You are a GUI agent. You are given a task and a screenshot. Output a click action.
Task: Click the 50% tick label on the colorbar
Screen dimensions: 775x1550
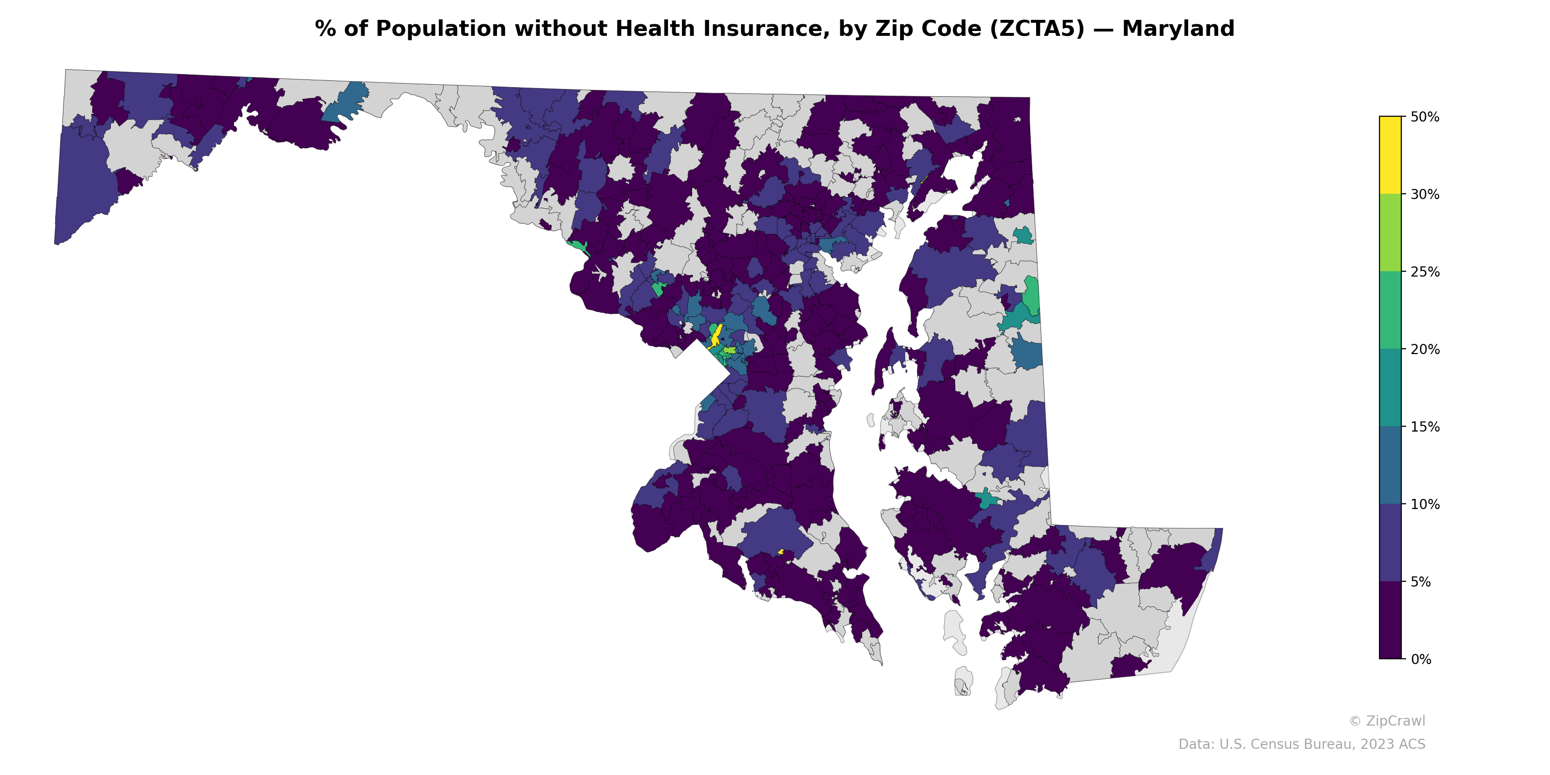[1424, 117]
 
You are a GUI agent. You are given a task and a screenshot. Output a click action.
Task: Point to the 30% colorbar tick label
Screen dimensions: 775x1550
[1424, 194]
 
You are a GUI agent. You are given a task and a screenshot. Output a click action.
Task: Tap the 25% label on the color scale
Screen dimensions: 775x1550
[1424, 272]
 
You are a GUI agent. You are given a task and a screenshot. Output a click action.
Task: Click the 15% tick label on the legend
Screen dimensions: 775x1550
[1424, 427]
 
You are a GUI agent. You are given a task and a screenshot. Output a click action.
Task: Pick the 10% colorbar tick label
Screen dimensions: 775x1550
[1424, 504]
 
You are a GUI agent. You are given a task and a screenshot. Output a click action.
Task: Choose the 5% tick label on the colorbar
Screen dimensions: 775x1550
[1421, 582]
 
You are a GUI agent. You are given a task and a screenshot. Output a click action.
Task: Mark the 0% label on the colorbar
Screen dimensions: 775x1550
[1421, 659]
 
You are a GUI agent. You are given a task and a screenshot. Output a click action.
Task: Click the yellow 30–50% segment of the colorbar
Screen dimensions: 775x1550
[1390, 155]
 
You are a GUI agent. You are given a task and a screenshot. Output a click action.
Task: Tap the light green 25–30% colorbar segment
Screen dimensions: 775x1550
[1390, 233]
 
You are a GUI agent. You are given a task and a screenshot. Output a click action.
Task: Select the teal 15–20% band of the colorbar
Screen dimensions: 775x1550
[1390, 388]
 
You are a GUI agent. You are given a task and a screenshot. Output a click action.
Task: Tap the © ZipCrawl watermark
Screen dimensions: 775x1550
[1386, 721]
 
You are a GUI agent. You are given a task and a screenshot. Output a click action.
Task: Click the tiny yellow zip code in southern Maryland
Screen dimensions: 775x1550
[781, 551]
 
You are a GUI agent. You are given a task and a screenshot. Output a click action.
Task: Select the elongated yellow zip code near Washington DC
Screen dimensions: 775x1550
[715, 336]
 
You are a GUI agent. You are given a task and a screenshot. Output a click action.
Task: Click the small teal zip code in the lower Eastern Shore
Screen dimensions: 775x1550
[986, 499]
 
